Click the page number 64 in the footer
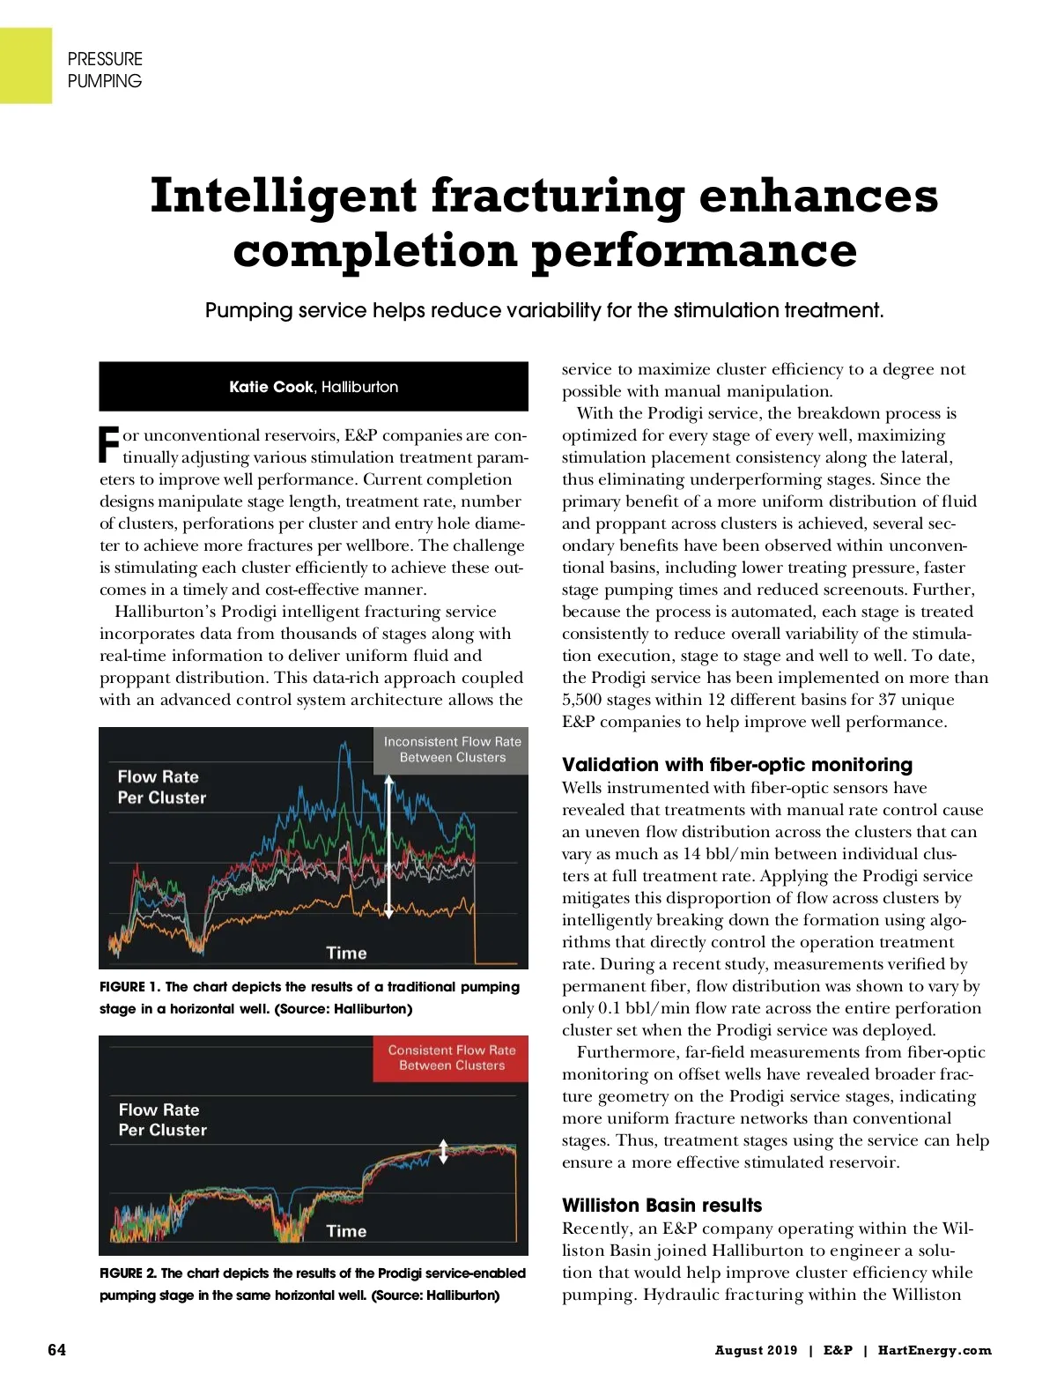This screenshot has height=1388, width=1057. click(x=56, y=1350)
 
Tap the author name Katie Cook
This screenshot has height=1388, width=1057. click(x=270, y=387)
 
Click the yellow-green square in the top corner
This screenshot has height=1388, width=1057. click(x=26, y=65)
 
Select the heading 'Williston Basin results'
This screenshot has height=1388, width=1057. click(x=662, y=1205)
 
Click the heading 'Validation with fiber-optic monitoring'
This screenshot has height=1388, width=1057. click(x=736, y=764)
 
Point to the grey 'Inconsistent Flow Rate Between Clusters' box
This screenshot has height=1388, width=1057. click(x=452, y=750)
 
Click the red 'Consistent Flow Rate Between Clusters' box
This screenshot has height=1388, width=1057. click(x=451, y=1058)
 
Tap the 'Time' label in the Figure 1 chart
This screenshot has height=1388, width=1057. click(x=346, y=953)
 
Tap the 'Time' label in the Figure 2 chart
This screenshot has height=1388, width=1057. click(x=346, y=1231)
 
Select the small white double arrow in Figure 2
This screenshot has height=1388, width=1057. click(x=443, y=1151)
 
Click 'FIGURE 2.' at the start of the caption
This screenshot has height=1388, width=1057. click(x=128, y=1273)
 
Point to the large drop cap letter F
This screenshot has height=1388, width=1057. click(x=108, y=445)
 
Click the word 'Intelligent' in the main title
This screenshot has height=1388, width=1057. click(x=283, y=196)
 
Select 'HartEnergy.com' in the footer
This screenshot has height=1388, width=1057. click(x=934, y=1350)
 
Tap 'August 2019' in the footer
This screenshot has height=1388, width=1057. click(x=756, y=1350)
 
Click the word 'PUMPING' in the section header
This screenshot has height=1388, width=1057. click(x=104, y=81)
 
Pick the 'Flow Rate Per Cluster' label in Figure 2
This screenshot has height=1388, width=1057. click(x=162, y=1119)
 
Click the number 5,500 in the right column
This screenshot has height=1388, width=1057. click(x=582, y=700)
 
